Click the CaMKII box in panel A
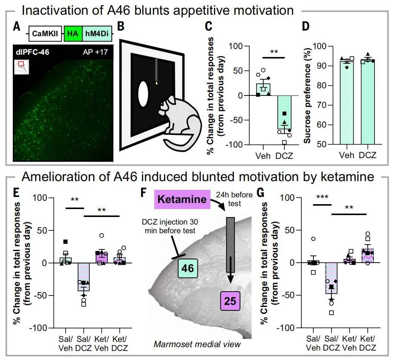coord(45,34)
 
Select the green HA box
coord(73,34)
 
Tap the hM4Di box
coord(97,34)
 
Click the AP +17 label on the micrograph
coord(95,52)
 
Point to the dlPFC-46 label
coord(32,52)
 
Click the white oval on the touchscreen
coord(143,94)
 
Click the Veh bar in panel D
coord(347,103)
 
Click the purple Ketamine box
coord(182,199)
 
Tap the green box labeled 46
coord(188,268)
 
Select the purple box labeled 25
coord(230,301)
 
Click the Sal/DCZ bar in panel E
coord(83,277)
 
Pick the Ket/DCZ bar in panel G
coord(367,256)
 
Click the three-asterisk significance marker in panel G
coord(322,197)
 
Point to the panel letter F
coord(143,193)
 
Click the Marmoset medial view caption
coord(197,344)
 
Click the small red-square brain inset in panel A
coord(21,67)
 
